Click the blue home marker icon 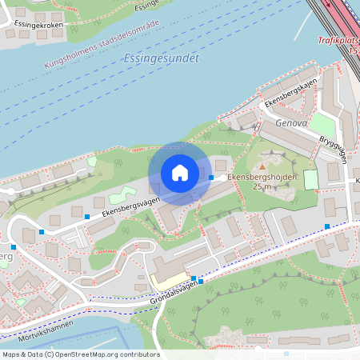click(180, 173)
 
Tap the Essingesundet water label click(162, 58)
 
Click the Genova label click(291, 124)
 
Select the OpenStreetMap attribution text click(81, 354)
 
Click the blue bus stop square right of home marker click(211, 178)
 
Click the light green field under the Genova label click(322, 125)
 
